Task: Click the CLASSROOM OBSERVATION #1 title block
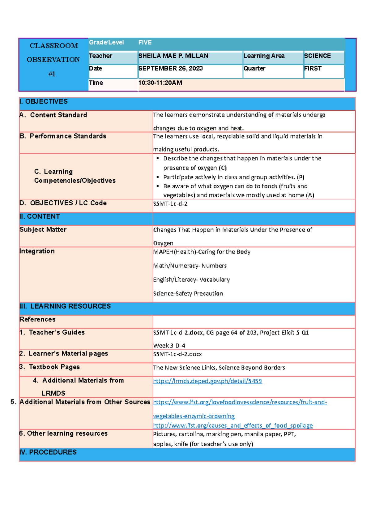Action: pos(53,60)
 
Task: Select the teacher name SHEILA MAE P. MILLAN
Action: pos(173,56)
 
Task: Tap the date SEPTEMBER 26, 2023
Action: pos(170,69)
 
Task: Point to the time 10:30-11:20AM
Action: pos(160,83)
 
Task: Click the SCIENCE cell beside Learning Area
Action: pos(317,56)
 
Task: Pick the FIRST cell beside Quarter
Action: pos(313,69)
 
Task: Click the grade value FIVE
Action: pos(145,43)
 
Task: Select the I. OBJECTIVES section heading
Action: pos(43,102)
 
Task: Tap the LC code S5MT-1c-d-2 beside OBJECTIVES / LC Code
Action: pos(170,204)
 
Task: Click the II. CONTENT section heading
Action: pos(40,217)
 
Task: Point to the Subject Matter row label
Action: pos(43,230)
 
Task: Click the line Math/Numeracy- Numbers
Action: pos(190,266)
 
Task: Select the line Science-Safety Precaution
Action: pos(188,294)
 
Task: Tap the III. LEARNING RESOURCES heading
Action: pos(65,306)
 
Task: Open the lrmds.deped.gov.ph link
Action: pos(207,381)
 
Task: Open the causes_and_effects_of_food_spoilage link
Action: pos(233,426)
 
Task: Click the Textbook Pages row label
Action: pos(54,367)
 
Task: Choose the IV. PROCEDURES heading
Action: pos(48,452)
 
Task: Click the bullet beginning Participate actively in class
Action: pos(233,177)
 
